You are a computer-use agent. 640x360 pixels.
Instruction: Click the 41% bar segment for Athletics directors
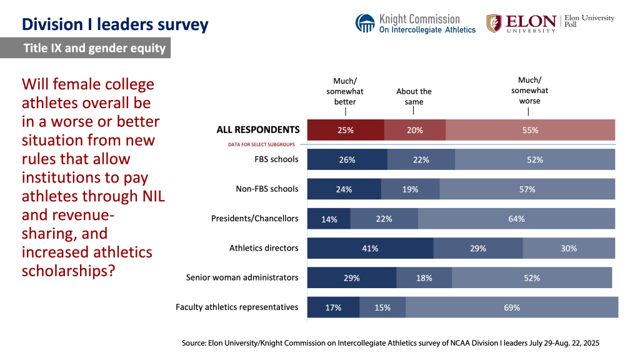(x=370, y=248)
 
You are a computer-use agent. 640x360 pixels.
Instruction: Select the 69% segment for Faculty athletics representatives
(x=512, y=307)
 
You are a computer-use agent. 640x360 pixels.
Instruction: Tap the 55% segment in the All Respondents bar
(x=530, y=130)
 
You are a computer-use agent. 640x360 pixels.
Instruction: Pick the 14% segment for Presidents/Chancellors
(x=329, y=219)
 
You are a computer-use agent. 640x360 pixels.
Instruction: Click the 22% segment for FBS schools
(x=421, y=159)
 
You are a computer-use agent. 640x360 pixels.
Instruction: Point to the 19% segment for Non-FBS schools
(x=410, y=189)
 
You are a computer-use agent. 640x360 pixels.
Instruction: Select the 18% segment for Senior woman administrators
(x=424, y=277)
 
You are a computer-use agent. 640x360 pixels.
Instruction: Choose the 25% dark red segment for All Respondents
(x=345, y=130)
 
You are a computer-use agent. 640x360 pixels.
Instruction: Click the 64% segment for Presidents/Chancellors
(x=516, y=219)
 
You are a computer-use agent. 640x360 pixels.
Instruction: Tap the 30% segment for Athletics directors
(x=569, y=248)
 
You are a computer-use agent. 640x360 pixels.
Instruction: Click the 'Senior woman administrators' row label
(x=242, y=277)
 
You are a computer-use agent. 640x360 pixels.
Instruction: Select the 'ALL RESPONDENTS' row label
(x=257, y=130)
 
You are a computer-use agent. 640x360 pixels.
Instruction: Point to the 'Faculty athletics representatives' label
(x=237, y=307)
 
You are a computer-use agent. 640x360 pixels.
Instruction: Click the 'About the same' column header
(x=414, y=96)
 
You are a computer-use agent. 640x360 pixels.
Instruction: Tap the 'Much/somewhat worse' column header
(x=529, y=91)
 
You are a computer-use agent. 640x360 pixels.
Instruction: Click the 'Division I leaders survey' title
(x=115, y=24)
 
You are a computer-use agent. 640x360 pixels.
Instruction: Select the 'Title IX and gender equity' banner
(x=94, y=48)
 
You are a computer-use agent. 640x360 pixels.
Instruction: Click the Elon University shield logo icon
(x=494, y=23)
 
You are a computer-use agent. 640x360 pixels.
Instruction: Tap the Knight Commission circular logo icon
(x=365, y=23)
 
